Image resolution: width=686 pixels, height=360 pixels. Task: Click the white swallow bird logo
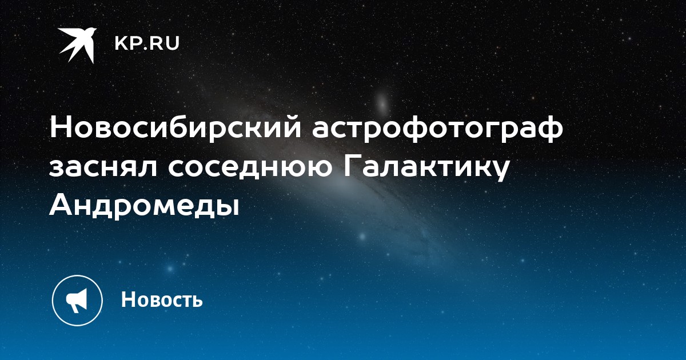pyautogui.click(x=77, y=45)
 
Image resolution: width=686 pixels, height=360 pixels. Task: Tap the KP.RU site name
pyautogui.click(x=147, y=43)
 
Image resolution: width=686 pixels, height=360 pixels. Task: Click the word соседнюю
pyautogui.click(x=250, y=169)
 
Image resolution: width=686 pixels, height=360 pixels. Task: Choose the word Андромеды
pyautogui.click(x=144, y=206)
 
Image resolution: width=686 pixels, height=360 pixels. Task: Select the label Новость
pyautogui.click(x=162, y=299)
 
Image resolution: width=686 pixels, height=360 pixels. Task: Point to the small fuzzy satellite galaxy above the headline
pyautogui.click(x=382, y=101)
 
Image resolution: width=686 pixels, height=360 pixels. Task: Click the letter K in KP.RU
pyautogui.click(x=121, y=43)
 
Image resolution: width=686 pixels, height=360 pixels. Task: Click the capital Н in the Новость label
pyautogui.click(x=128, y=299)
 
